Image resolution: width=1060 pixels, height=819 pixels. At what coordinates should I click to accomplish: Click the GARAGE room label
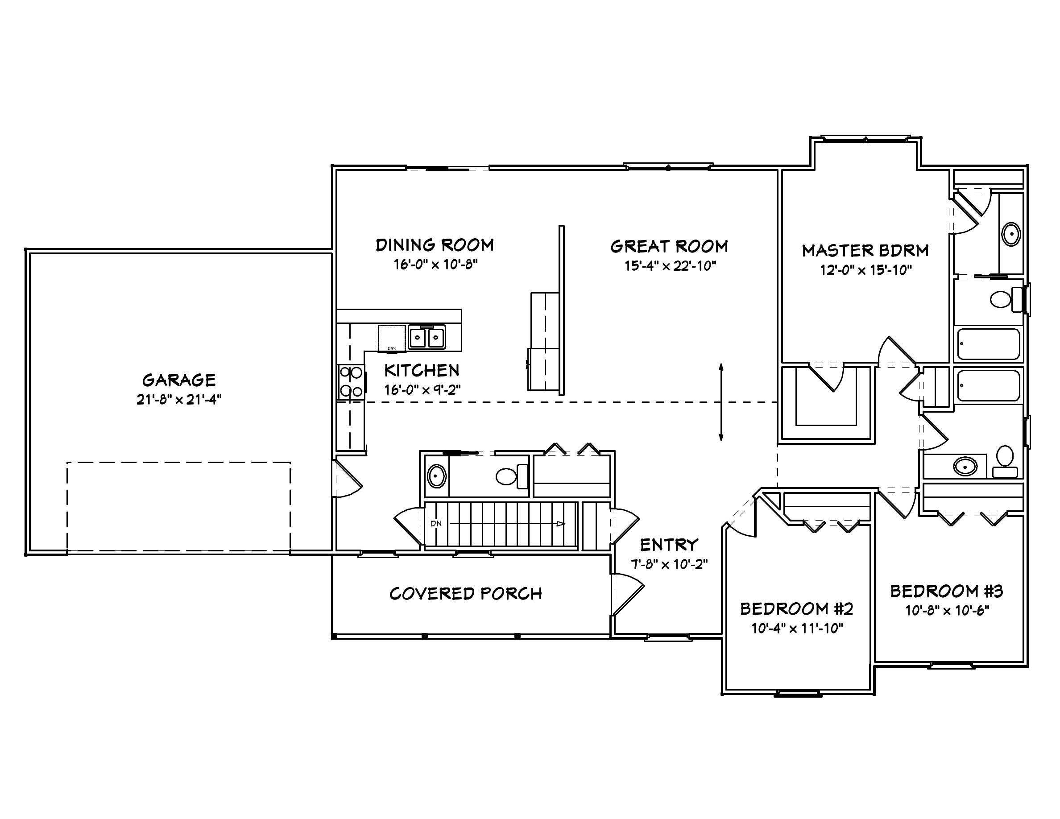click(178, 380)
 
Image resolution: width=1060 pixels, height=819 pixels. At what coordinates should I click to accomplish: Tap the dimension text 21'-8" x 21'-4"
click(178, 400)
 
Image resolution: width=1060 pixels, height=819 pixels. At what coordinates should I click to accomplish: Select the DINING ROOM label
click(435, 245)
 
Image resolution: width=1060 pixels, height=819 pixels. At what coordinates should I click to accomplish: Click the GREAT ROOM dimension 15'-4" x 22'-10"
click(670, 266)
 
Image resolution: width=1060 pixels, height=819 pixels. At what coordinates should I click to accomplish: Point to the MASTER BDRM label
click(865, 250)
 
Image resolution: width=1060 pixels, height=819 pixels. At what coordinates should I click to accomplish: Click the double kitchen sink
click(426, 337)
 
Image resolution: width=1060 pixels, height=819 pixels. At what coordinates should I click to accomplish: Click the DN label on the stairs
click(436, 524)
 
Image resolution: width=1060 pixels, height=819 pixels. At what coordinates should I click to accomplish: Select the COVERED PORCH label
click(465, 594)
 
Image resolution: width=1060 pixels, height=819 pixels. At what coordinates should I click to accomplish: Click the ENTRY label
click(669, 545)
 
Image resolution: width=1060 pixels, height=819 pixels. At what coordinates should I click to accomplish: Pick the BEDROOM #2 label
click(796, 608)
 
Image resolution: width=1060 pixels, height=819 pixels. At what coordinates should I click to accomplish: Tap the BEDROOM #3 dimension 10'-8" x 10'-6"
click(947, 610)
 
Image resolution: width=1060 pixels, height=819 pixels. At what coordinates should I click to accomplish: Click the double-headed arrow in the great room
click(721, 402)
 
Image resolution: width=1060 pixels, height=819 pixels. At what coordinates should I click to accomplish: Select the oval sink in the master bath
click(1011, 234)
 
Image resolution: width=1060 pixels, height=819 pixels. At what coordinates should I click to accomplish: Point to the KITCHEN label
click(422, 370)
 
